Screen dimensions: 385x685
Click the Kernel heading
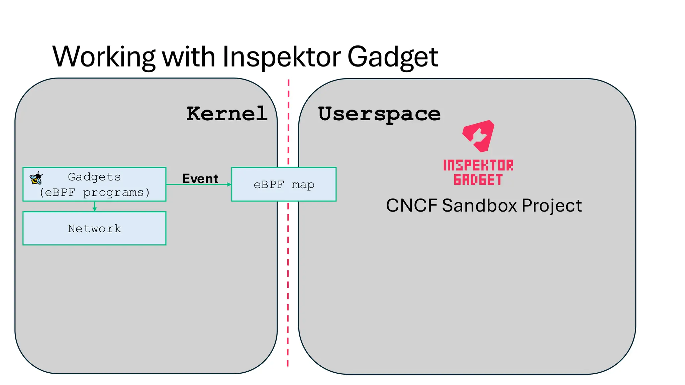coord(227,114)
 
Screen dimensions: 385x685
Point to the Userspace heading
coord(379,114)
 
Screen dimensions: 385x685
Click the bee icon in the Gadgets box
coord(36,178)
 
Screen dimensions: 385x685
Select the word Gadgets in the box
coord(94,177)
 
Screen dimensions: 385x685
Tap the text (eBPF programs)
coord(94,192)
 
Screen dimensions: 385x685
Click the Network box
coord(94,228)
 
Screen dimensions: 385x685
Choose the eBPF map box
coord(284,184)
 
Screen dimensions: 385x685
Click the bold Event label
coord(200,178)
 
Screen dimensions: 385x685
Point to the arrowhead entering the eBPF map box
coord(229,184)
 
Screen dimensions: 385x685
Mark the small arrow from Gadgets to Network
coord(95,207)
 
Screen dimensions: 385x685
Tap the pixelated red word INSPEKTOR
coord(478,165)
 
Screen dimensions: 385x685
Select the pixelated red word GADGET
coord(478,180)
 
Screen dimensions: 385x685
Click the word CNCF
coord(411,205)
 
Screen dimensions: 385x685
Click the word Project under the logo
coord(552,205)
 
